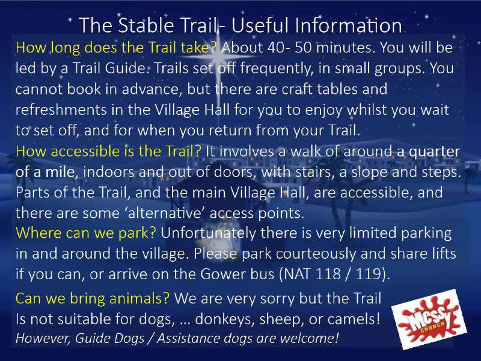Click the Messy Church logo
point(429,319)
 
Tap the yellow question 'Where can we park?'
point(85,233)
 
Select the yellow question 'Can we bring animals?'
point(93,298)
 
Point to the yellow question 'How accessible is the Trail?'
point(108,152)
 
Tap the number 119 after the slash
point(368,274)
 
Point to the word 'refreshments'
point(61,110)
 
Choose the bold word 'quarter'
point(435,152)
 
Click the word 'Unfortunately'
point(208,233)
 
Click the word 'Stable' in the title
point(146,25)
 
